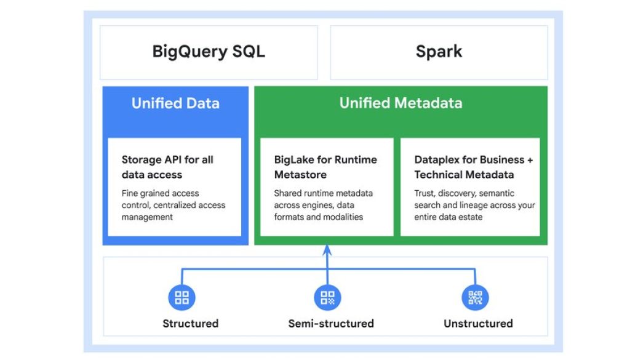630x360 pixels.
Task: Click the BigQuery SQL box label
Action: (209, 51)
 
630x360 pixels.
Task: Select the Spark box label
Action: (439, 51)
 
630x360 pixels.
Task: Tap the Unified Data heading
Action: (175, 103)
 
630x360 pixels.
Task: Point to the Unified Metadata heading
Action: (401, 103)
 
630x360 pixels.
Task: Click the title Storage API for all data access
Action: (167, 167)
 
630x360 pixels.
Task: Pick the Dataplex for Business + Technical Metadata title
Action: (474, 167)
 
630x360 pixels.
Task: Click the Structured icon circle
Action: (181, 298)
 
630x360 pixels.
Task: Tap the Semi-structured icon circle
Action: (327, 298)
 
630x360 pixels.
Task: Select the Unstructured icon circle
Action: (475, 298)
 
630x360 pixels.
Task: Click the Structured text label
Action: (190, 323)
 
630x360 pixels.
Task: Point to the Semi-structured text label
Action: (331, 323)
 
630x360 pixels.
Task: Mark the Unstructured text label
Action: (478, 323)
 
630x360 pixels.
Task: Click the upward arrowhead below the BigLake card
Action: (327, 250)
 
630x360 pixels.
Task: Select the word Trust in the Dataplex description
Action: (425, 193)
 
